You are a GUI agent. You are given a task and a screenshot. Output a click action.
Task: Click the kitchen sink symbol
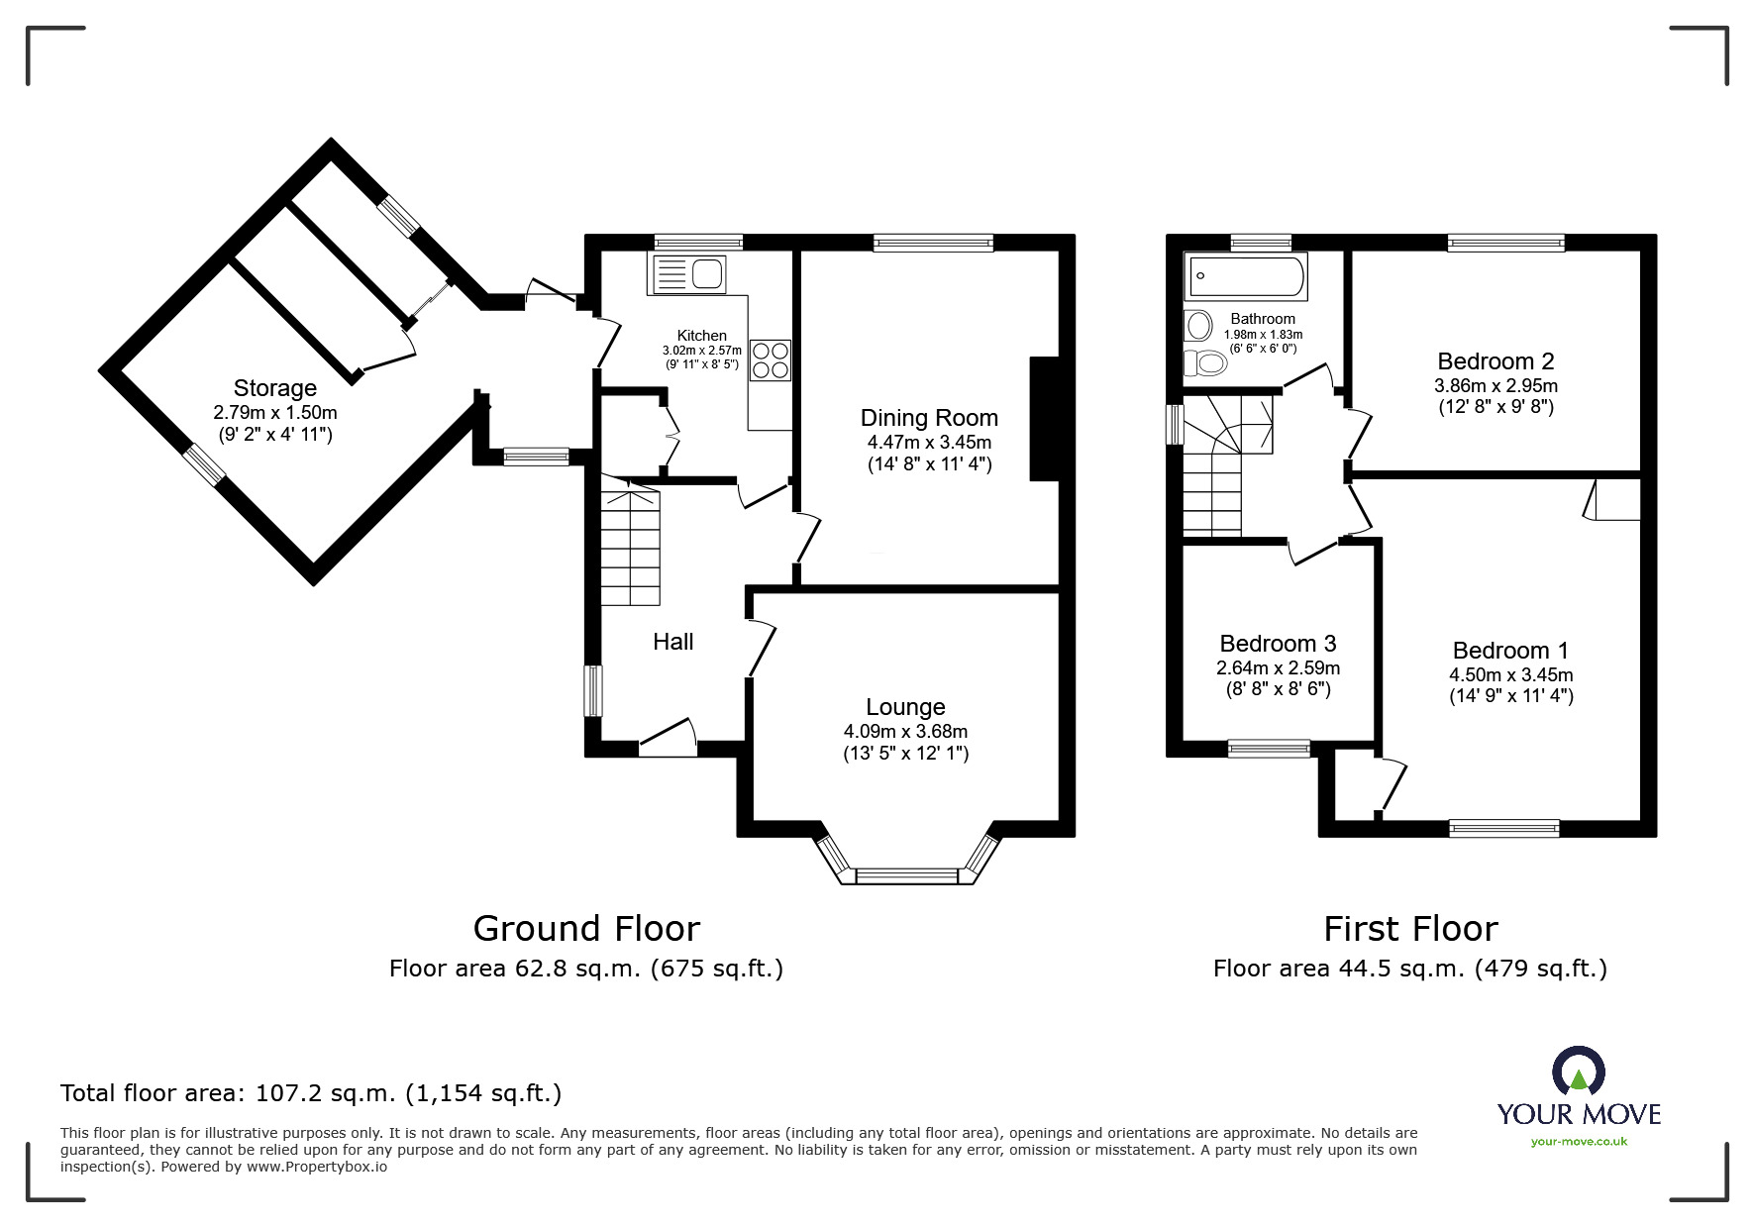point(688,273)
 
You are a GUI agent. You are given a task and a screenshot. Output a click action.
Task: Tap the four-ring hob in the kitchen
point(771,360)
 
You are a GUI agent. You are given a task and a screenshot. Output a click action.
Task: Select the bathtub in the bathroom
point(1246,277)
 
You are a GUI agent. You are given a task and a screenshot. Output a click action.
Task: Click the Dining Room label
point(928,418)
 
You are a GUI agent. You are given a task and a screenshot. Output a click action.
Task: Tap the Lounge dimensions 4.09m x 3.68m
point(905,731)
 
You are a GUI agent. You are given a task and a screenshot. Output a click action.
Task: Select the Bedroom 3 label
point(1278,644)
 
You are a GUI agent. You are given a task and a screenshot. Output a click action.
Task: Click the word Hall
point(672,642)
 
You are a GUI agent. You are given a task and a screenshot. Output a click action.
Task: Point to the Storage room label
point(274,388)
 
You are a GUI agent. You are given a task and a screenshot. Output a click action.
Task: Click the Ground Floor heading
point(586,928)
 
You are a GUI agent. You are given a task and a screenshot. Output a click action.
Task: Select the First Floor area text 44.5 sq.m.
point(1409,969)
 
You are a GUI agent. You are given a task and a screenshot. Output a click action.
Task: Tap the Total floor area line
point(311,1093)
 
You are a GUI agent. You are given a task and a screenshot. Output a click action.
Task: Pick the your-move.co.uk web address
point(1579,1142)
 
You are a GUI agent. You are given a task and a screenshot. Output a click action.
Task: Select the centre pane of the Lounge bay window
point(907,875)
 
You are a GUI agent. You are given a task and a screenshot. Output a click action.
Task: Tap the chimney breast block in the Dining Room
point(1045,419)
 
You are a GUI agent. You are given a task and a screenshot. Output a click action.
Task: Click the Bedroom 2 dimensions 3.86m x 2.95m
point(1496,386)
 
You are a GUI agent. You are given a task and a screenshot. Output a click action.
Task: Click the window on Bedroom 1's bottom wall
point(1503,828)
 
